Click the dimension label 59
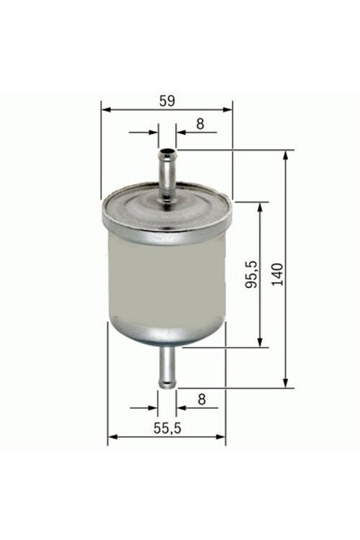click(167, 101)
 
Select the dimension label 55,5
click(167, 428)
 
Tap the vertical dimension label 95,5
click(252, 274)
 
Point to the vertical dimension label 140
click(277, 274)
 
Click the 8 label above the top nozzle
click(200, 124)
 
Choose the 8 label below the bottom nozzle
click(202, 399)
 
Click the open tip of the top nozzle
click(168, 151)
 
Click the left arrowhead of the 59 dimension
click(106, 109)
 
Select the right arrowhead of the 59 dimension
click(228, 109)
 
